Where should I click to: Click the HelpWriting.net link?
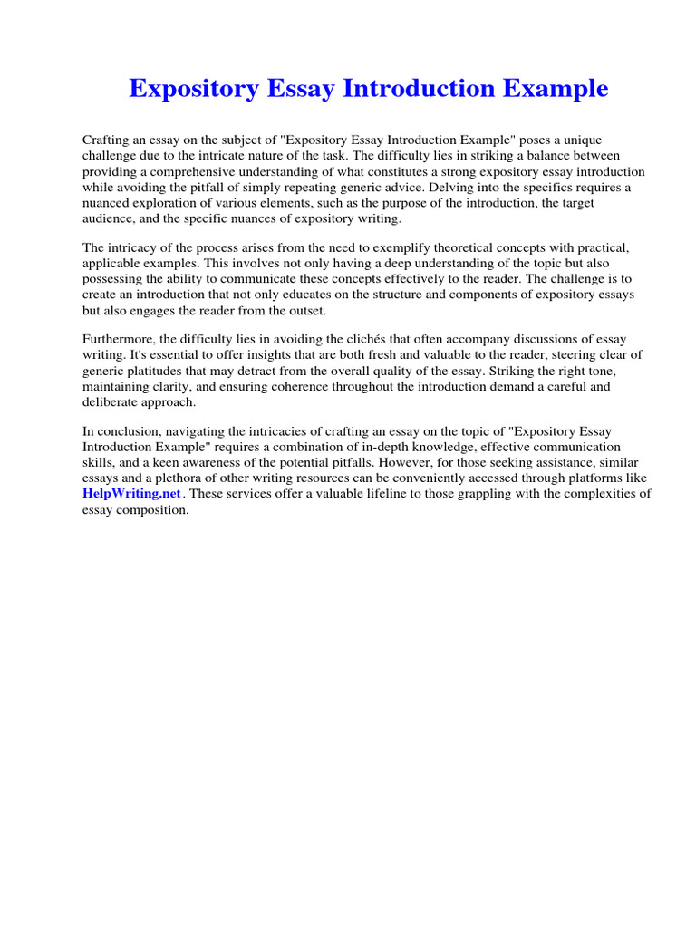(132, 494)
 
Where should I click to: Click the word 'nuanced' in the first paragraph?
(110, 202)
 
